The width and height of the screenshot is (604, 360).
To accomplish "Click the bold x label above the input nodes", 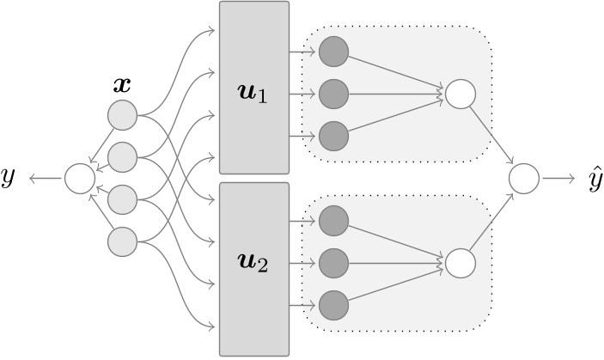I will (x=122, y=85).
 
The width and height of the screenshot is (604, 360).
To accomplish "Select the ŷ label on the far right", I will (x=594, y=179).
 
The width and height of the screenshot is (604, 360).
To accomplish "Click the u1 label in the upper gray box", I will (x=253, y=94).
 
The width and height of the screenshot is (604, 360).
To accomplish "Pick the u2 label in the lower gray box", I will (x=253, y=263).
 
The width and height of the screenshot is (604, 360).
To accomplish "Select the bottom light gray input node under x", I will (x=122, y=241).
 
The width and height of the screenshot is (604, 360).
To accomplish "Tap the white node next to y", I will (x=80, y=179).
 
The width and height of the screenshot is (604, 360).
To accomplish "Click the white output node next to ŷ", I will (x=523, y=179).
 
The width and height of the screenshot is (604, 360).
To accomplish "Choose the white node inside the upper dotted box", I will (x=460, y=94).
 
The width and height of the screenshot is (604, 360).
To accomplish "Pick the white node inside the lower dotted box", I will (x=460, y=262).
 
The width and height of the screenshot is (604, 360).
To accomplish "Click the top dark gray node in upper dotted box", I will (x=333, y=52).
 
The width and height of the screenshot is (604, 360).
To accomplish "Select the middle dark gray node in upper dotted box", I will (x=333, y=94).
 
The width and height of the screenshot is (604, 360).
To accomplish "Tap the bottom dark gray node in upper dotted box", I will (x=333, y=136).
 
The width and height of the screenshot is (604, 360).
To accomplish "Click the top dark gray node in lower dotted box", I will (x=333, y=221).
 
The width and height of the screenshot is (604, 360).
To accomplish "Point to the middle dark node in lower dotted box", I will (x=333, y=262).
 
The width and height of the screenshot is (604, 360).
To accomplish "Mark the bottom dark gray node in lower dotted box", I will (x=333, y=304).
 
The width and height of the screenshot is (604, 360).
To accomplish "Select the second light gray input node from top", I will (x=122, y=157).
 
